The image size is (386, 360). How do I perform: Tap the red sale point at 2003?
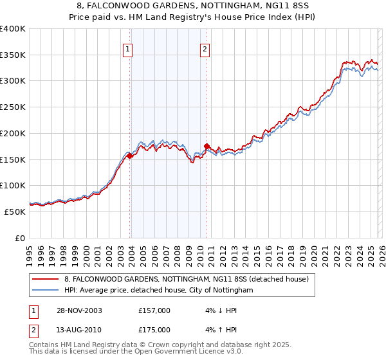(130, 156)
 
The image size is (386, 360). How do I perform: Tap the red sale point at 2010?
(207, 146)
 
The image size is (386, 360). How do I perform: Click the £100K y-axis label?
(13, 186)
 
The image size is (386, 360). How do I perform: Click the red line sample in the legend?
(46, 279)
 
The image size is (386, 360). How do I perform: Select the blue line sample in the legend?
(46, 290)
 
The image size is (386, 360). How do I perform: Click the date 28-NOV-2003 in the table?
(78, 310)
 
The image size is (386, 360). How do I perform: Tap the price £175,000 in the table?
(154, 330)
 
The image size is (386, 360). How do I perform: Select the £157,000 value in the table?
(154, 310)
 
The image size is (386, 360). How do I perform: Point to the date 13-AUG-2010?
(78, 330)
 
